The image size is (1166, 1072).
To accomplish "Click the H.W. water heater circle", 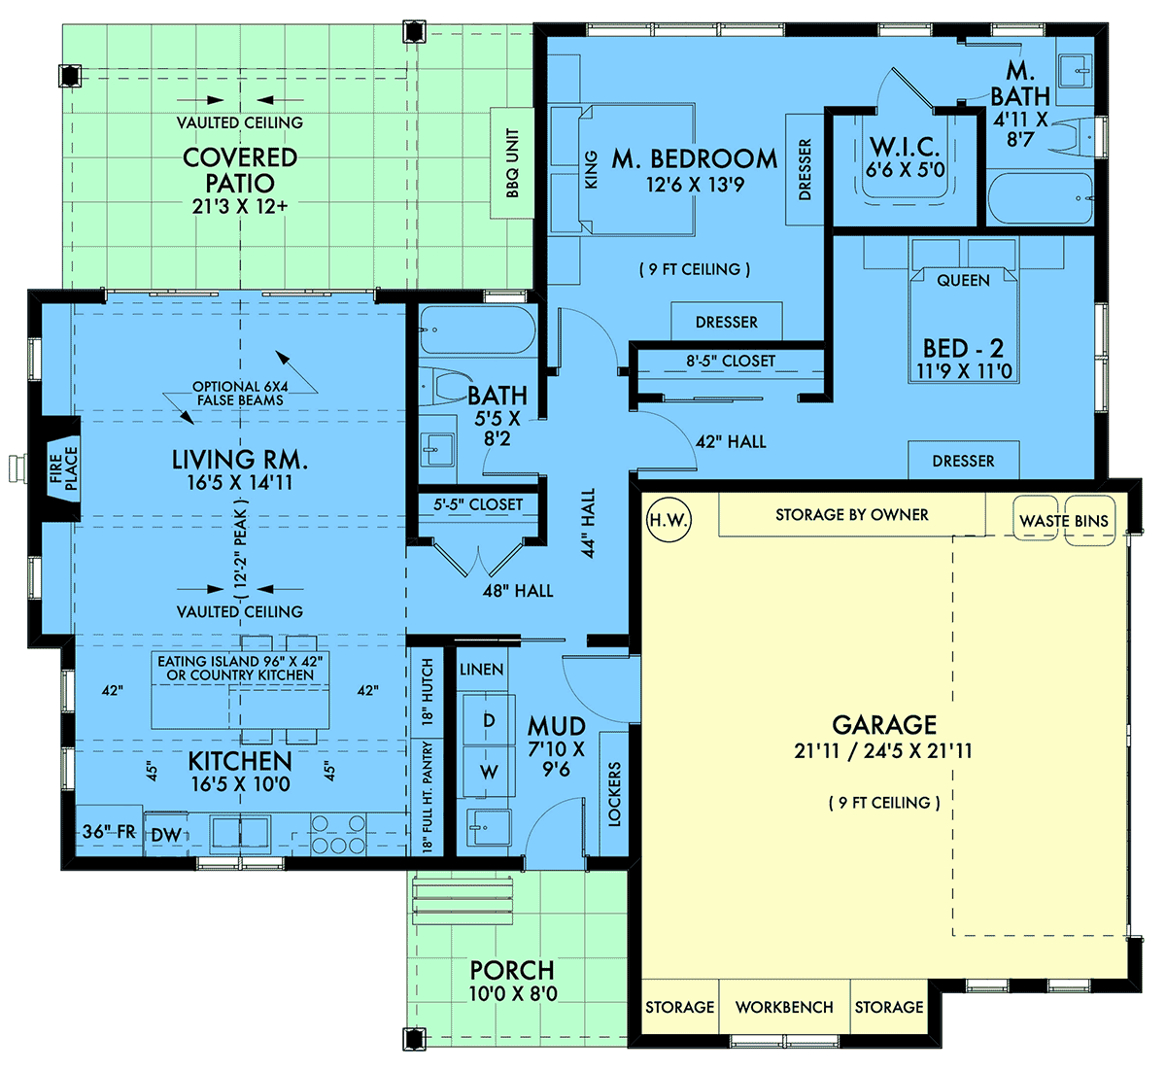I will tap(668, 520).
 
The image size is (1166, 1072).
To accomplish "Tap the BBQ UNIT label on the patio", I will tap(512, 162).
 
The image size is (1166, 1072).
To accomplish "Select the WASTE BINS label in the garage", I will tap(1063, 521).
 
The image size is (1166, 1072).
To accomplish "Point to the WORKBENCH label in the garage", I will tap(784, 1007).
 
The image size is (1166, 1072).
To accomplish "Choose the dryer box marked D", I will tap(489, 720).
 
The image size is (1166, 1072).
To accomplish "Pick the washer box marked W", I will tap(489, 773).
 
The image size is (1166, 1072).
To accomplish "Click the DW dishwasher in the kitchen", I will tap(165, 834).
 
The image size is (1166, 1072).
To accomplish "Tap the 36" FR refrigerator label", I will tap(108, 832).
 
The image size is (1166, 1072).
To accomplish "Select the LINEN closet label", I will tap(481, 670).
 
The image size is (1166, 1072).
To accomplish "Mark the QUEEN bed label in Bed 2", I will tap(963, 280).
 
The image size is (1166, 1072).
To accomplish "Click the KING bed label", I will tap(591, 170).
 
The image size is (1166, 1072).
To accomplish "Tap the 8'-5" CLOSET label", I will tap(731, 361).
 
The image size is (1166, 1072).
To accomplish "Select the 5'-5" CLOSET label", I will tap(478, 504).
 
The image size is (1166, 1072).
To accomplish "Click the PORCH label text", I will tap(512, 970).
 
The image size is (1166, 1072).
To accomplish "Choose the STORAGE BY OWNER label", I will tap(851, 514).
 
